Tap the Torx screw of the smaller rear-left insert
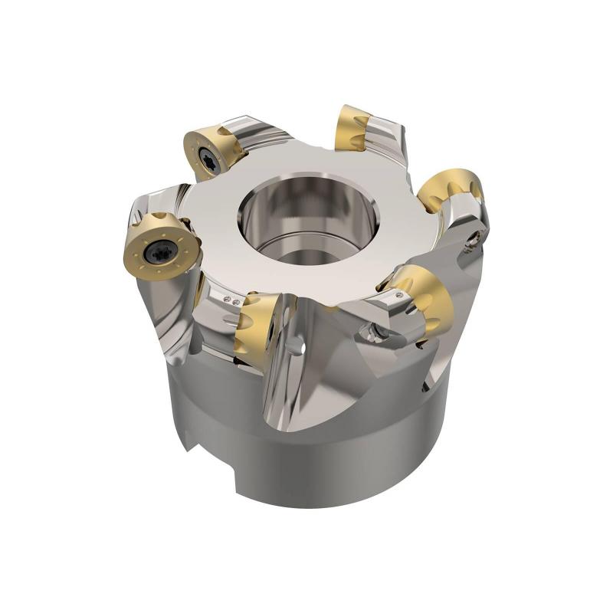coord(208,158)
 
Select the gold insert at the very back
coord(354,128)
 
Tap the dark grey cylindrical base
coord(322,460)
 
